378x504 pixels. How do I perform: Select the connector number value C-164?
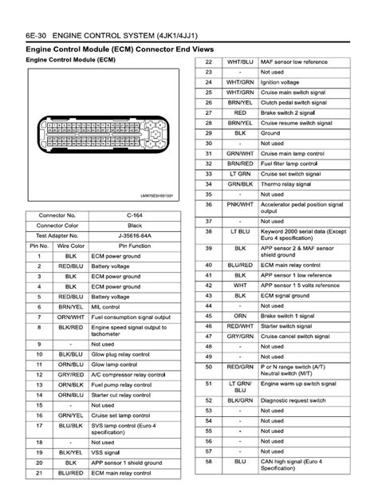pyautogui.click(x=140, y=215)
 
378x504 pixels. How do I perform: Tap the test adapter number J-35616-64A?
pyautogui.click(x=140, y=236)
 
